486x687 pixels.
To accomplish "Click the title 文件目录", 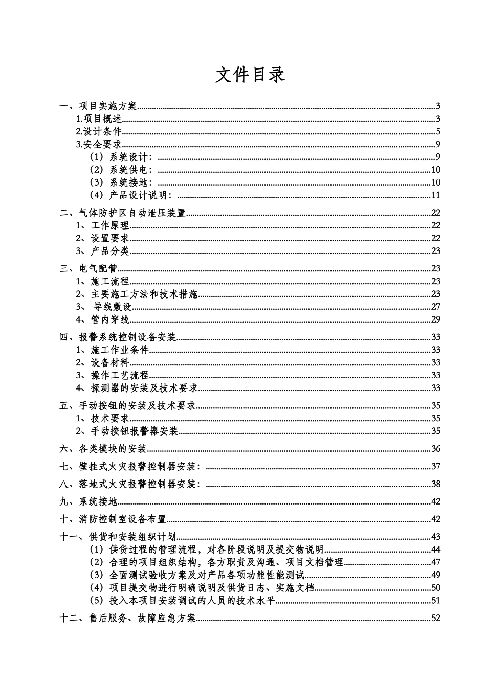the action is tap(250, 75).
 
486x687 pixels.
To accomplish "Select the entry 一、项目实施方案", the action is tap(98, 107).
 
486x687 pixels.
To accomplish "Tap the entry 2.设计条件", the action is tap(99, 132).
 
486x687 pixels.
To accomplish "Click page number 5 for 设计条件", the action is tap(438, 132).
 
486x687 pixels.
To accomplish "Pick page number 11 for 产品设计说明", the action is tap(435, 195).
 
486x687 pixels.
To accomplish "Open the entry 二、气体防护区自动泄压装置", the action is tap(123, 213).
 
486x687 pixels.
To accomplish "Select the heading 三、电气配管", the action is tap(89, 268).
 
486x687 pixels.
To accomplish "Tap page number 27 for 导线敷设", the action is tap(435, 307).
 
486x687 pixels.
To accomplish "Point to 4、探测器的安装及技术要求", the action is tap(137, 388).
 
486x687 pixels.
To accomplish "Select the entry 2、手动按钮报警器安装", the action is tap(127, 431).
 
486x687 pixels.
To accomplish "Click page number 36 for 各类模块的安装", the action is tap(435, 449).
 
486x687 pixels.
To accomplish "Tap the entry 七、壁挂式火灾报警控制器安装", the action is tap(130, 466).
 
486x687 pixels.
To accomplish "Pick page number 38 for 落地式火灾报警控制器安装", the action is tap(435, 484).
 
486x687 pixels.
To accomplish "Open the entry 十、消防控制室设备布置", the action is tap(113, 519).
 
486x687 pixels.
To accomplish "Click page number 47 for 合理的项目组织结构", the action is tap(435, 563).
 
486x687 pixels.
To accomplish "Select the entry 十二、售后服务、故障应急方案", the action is tap(128, 618).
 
